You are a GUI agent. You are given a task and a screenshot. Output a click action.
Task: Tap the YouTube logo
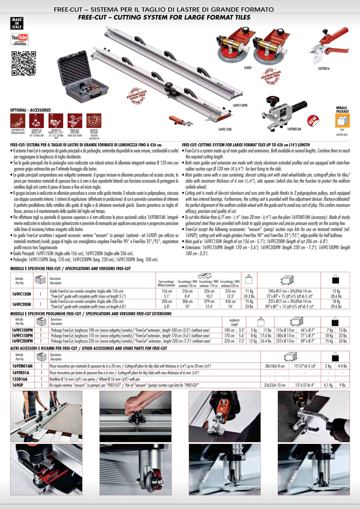coord(20,39)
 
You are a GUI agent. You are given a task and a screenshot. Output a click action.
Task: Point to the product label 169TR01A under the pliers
coord(324,68)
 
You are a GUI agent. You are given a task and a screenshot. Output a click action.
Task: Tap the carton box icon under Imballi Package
coord(343,121)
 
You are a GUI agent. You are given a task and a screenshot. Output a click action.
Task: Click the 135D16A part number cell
coord(20,378)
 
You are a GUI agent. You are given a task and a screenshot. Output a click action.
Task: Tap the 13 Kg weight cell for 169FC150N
coord(336,291)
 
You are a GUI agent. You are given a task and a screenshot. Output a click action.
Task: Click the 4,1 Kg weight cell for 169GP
coord(328,385)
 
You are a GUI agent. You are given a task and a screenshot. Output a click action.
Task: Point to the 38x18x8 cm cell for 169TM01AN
coord(274,366)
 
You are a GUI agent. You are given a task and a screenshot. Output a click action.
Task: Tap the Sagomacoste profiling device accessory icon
coord(17,121)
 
